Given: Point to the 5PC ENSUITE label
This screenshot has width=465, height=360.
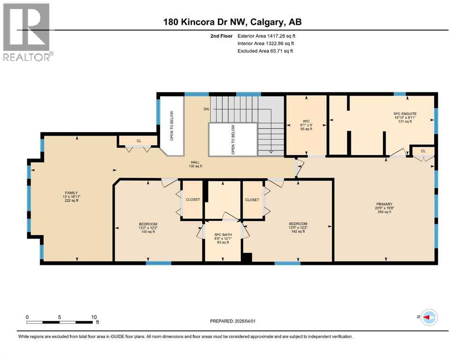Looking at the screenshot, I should (x=405, y=113).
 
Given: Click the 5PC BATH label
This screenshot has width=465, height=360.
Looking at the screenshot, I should (x=221, y=234).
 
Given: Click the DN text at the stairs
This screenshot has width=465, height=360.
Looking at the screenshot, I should (x=206, y=109).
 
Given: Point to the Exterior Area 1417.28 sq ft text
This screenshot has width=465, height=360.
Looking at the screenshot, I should (x=266, y=36).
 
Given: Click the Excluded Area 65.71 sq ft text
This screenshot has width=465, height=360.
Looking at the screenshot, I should (x=265, y=51).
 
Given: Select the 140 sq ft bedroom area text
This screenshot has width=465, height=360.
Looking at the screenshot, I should (x=148, y=232).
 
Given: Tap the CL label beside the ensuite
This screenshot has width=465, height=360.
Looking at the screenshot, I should (x=423, y=150).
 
